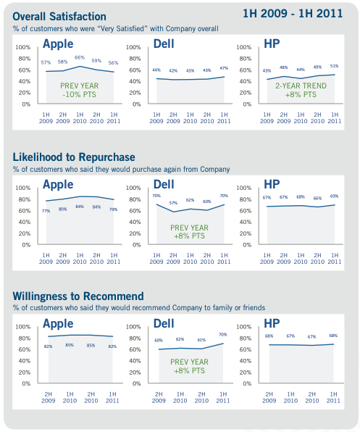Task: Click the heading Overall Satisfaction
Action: (59, 17)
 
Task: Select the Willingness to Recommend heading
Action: (78, 296)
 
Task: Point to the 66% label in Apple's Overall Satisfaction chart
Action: (80, 58)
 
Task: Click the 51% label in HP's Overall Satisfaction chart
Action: (334, 66)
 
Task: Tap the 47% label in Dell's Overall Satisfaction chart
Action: (223, 67)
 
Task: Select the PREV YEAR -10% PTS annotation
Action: (80, 90)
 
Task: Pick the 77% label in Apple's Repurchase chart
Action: (46, 211)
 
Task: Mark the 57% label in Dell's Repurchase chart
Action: (172, 203)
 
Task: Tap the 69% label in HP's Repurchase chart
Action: (334, 196)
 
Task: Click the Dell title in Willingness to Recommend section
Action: (164, 323)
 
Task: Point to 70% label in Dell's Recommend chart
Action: (223, 335)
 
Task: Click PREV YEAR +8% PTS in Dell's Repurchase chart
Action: (191, 232)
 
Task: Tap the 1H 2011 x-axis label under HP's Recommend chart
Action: (334, 397)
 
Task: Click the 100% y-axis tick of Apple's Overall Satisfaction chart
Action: (22, 47)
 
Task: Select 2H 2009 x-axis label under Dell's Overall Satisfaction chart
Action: (172, 118)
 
